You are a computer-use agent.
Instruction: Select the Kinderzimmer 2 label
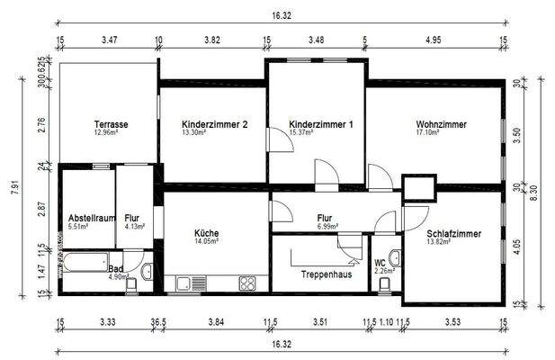coord(214,124)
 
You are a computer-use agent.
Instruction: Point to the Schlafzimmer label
coord(453,234)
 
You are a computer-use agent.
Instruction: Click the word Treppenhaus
coord(326,274)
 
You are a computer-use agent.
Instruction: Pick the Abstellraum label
coord(91,218)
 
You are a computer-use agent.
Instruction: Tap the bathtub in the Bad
coord(83,265)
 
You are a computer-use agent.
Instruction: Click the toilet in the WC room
coord(385,284)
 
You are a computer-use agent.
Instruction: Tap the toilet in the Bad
coord(132,284)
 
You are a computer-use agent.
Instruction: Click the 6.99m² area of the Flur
coord(326,227)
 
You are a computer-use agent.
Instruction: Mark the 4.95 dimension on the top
coord(434,40)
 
